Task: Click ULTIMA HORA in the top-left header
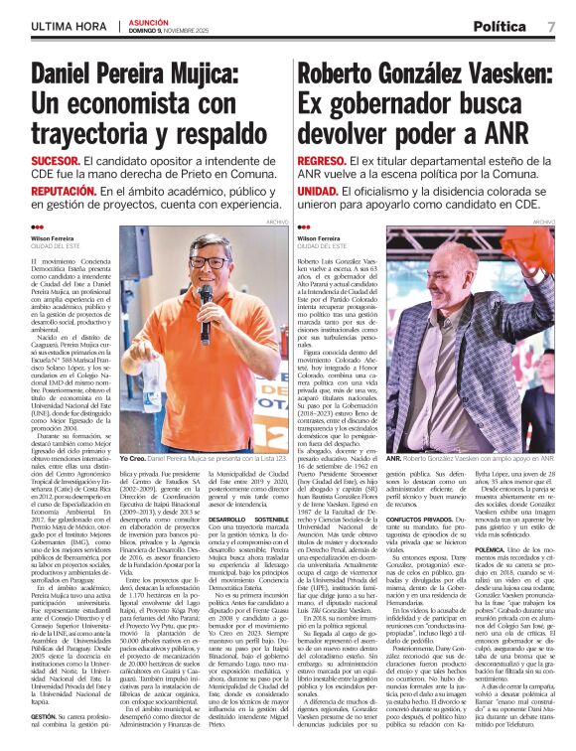tap(64, 25)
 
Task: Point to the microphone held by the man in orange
tap(205, 298)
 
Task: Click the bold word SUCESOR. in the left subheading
tap(55, 160)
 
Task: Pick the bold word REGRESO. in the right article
tap(322, 160)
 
